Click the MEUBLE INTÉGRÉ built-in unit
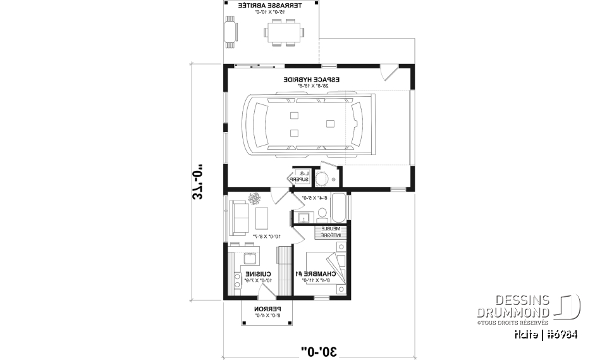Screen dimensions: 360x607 pyautogui.click(x=330, y=232)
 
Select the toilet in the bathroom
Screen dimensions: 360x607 pyautogui.click(x=321, y=179)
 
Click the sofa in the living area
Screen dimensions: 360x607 pyautogui.click(x=238, y=217)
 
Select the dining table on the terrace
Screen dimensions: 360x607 pyautogui.click(x=283, y=32)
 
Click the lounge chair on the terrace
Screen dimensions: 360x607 pyautogui.click(x=230, y=32)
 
